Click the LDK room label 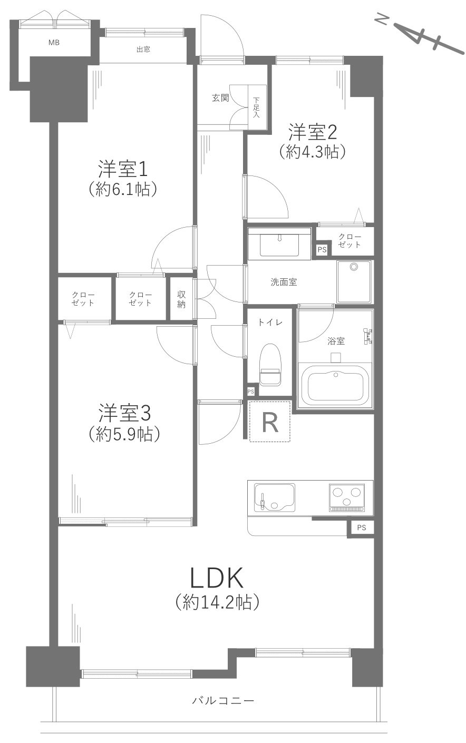[217, 579]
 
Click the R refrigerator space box [269, 421]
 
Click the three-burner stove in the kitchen [346, 497]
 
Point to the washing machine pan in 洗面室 [354, 281]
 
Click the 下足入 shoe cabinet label [257, 107]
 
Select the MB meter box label [54, 43]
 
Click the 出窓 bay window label [143, 50]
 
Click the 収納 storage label [181, 299]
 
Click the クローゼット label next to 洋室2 [349, 241]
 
